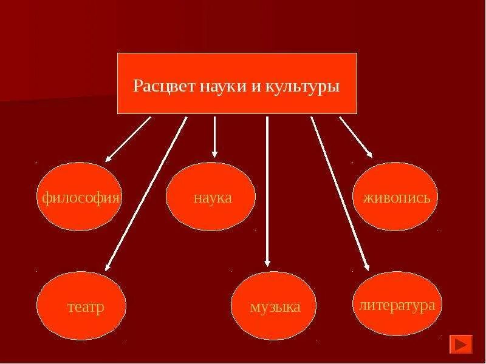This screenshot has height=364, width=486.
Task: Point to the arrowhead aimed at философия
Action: [109, 158]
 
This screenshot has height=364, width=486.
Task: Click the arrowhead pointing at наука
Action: [214, 154]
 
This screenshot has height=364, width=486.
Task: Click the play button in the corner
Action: [460, 344]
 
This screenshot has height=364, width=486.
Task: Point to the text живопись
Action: [396, 198]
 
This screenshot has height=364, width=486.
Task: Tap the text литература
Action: [397, 305]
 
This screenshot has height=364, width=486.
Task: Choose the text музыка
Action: [275, 307]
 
